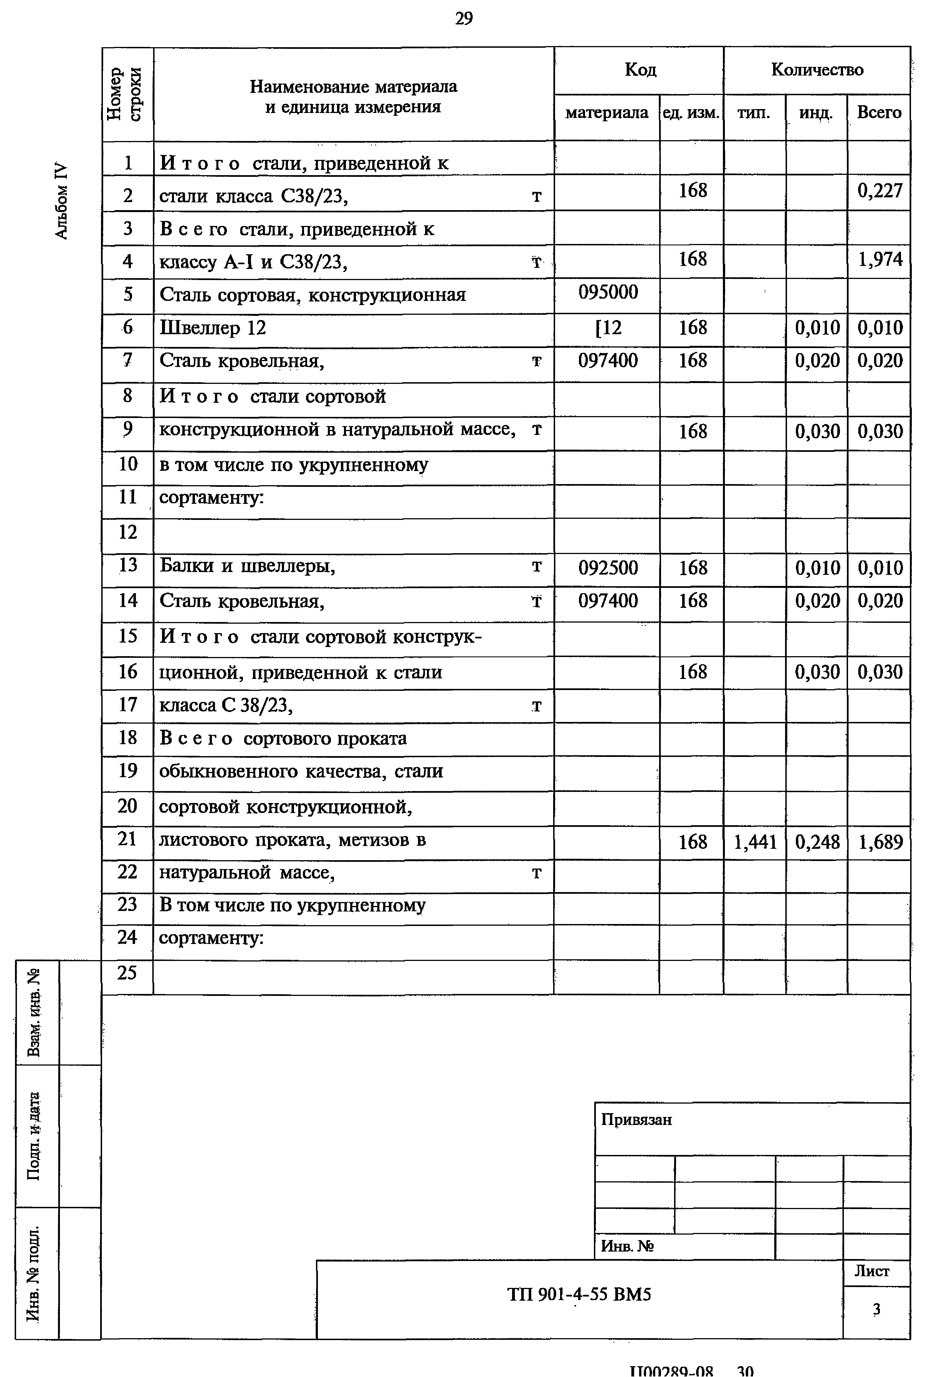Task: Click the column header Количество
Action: click(817, 70)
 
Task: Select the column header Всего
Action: click(879, 112)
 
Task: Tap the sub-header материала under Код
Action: click(606, 112)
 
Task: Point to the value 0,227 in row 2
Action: click(879, 190)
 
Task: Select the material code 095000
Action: click(608, 292)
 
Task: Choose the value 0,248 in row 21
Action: click(817, 842)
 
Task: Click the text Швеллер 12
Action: click(212, 328)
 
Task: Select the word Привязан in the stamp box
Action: click(636, 1119)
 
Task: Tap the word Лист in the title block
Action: click(872, 1271)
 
